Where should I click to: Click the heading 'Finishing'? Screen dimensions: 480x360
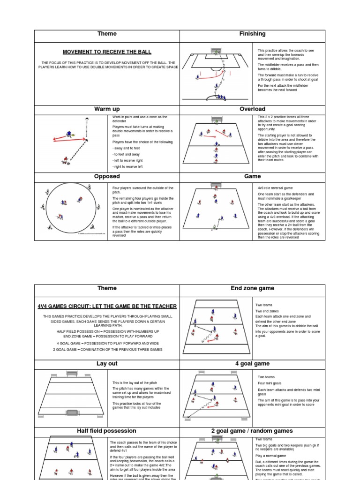click(x=252, y=34)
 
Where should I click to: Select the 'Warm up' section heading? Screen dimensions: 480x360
click(x=107, y=109)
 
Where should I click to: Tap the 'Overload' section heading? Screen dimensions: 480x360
click(x=252, y=109)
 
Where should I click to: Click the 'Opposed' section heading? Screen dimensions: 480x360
click(x=107, y=177)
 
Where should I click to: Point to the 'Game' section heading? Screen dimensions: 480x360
click(x=252, y=177)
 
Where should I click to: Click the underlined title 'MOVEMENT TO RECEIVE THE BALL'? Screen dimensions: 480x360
click(x=107, y=52)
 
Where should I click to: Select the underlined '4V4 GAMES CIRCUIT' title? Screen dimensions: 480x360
click(x=107, y=306)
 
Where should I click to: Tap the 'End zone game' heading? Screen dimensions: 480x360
click(x=252, y=289)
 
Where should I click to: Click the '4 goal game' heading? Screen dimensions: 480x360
click(x=252, y=364)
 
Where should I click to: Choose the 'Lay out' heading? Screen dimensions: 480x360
click(x=107, y=364)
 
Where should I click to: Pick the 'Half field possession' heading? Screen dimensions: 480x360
click(x=107, y=431)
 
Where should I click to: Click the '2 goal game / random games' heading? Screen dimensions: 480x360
click(x=252, y=431)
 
